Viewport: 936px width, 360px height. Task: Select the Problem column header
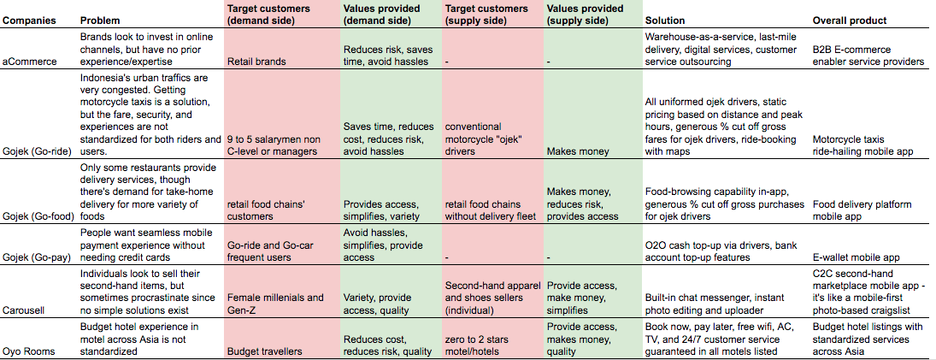(x=100, y=20)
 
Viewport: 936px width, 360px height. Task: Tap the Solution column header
(x=665, y=20)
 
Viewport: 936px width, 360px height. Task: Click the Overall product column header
(x=849, y=20)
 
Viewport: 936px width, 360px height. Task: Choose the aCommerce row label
(x=31, y=62)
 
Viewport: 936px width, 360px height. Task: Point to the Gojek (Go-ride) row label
(x=38, y=151)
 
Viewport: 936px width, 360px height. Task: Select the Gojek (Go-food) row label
(x=39, y=217)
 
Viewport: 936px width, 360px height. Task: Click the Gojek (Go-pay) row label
(x=38, y=257)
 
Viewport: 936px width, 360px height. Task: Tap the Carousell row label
(x=26, y=310)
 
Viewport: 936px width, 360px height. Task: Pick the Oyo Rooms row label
(x=32, y=351)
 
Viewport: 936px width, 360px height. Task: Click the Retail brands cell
(x=256, y=62)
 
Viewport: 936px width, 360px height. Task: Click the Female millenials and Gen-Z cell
(x=275, y=304)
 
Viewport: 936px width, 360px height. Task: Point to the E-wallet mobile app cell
(x=857, y=257)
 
